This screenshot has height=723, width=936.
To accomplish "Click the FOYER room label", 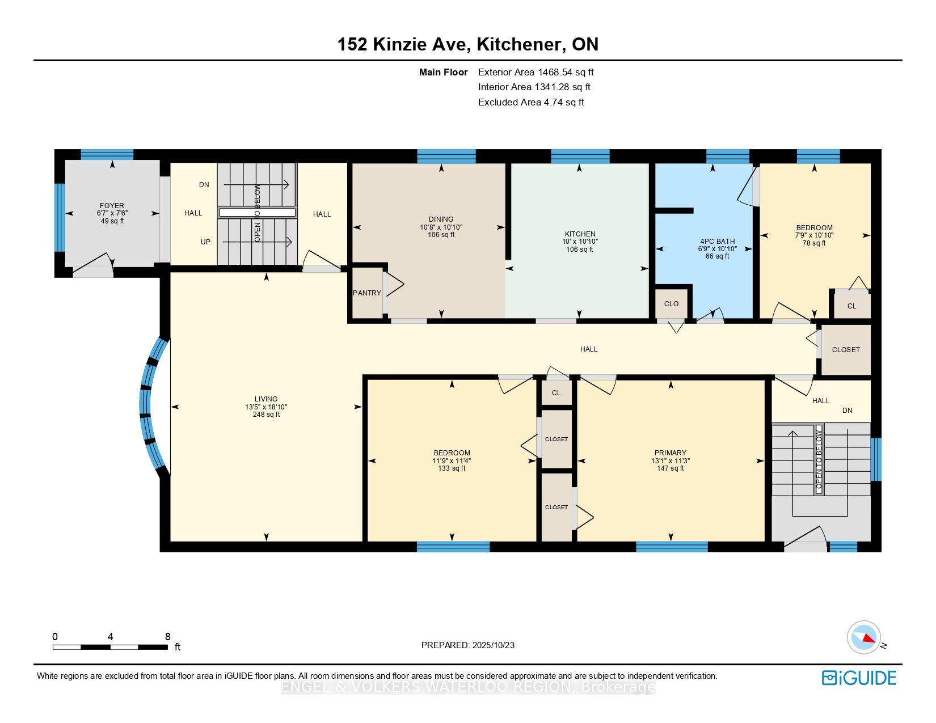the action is [112, 206].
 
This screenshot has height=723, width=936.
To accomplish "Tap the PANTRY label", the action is [367, 293].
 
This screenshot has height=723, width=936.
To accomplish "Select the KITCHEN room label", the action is [580, 234].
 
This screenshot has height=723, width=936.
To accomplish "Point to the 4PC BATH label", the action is [717, 241].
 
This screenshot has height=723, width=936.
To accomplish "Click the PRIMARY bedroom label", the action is [671, 453].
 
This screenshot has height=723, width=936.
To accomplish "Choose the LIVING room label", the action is [265, 399].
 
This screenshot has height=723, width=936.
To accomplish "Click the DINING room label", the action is [441, 219].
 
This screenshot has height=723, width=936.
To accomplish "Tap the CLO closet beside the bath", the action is [671, 303].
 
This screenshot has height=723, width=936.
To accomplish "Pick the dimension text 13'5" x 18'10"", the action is [266, 407].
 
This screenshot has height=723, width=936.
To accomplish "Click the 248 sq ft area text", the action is [266, 415].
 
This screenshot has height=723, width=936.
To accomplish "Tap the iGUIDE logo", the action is [858, 678].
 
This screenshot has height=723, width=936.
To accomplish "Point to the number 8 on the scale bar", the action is [167, 636].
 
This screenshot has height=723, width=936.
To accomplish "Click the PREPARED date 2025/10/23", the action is [493, 645].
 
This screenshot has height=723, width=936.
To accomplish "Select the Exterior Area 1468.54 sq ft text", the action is [536, 72].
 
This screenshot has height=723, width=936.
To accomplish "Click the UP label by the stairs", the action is [205, 242].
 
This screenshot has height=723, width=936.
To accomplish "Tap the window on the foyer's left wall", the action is [60, 217].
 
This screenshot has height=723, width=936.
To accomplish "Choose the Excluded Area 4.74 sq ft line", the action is [531, 102].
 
